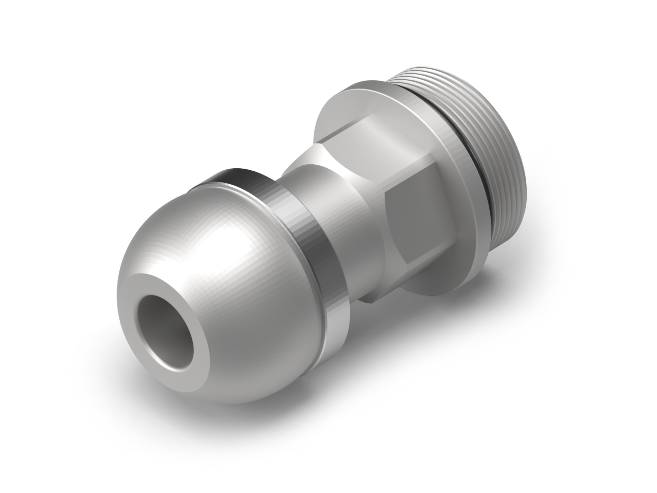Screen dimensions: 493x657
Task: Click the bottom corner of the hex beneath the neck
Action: click(x=372, y=300)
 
